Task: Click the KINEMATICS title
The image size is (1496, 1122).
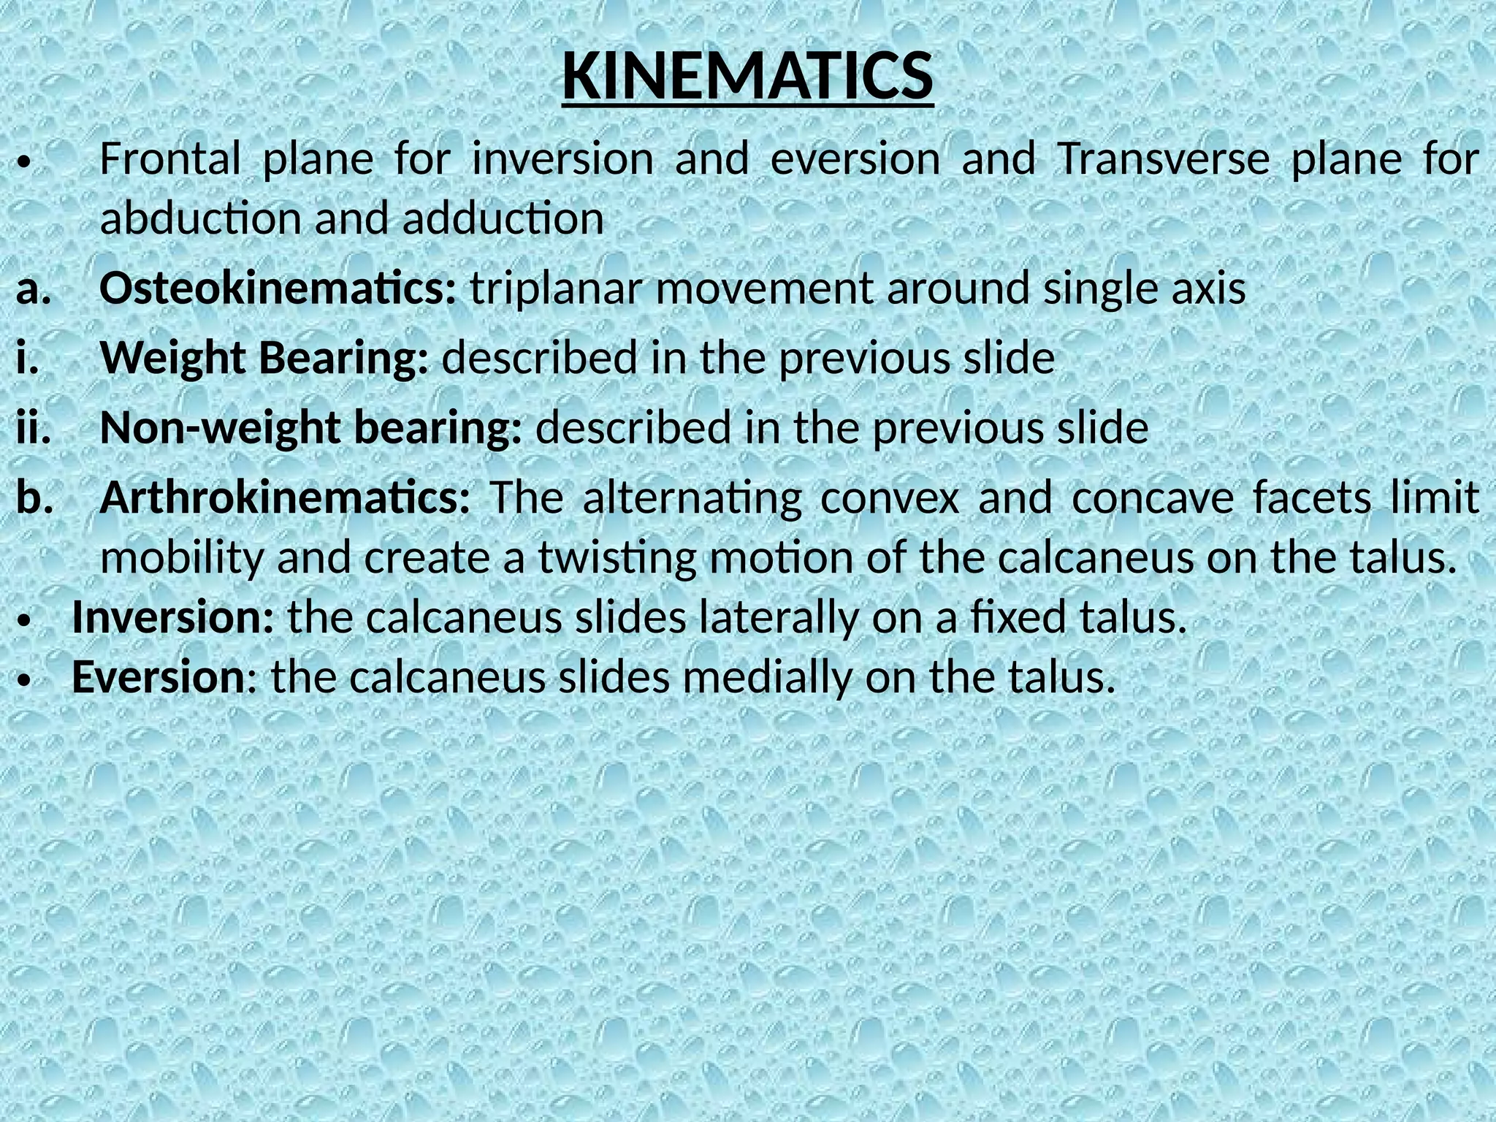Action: [747, 77]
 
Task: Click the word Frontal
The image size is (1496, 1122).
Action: [169, 159]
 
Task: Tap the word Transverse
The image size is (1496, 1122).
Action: [1163, 159]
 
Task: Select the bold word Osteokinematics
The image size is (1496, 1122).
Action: [278, 289]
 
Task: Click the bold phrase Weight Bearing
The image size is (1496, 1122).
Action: [264, 359]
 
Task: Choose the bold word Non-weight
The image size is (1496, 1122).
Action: [218, 428]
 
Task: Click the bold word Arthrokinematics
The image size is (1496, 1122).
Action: [285, 498]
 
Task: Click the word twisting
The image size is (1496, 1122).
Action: [617, 559]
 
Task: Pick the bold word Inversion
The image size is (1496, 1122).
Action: [173, 618]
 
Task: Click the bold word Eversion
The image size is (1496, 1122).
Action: [158, 677]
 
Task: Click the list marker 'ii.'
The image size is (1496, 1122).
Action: [34, 429]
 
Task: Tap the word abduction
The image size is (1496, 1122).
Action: [199, 218]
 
